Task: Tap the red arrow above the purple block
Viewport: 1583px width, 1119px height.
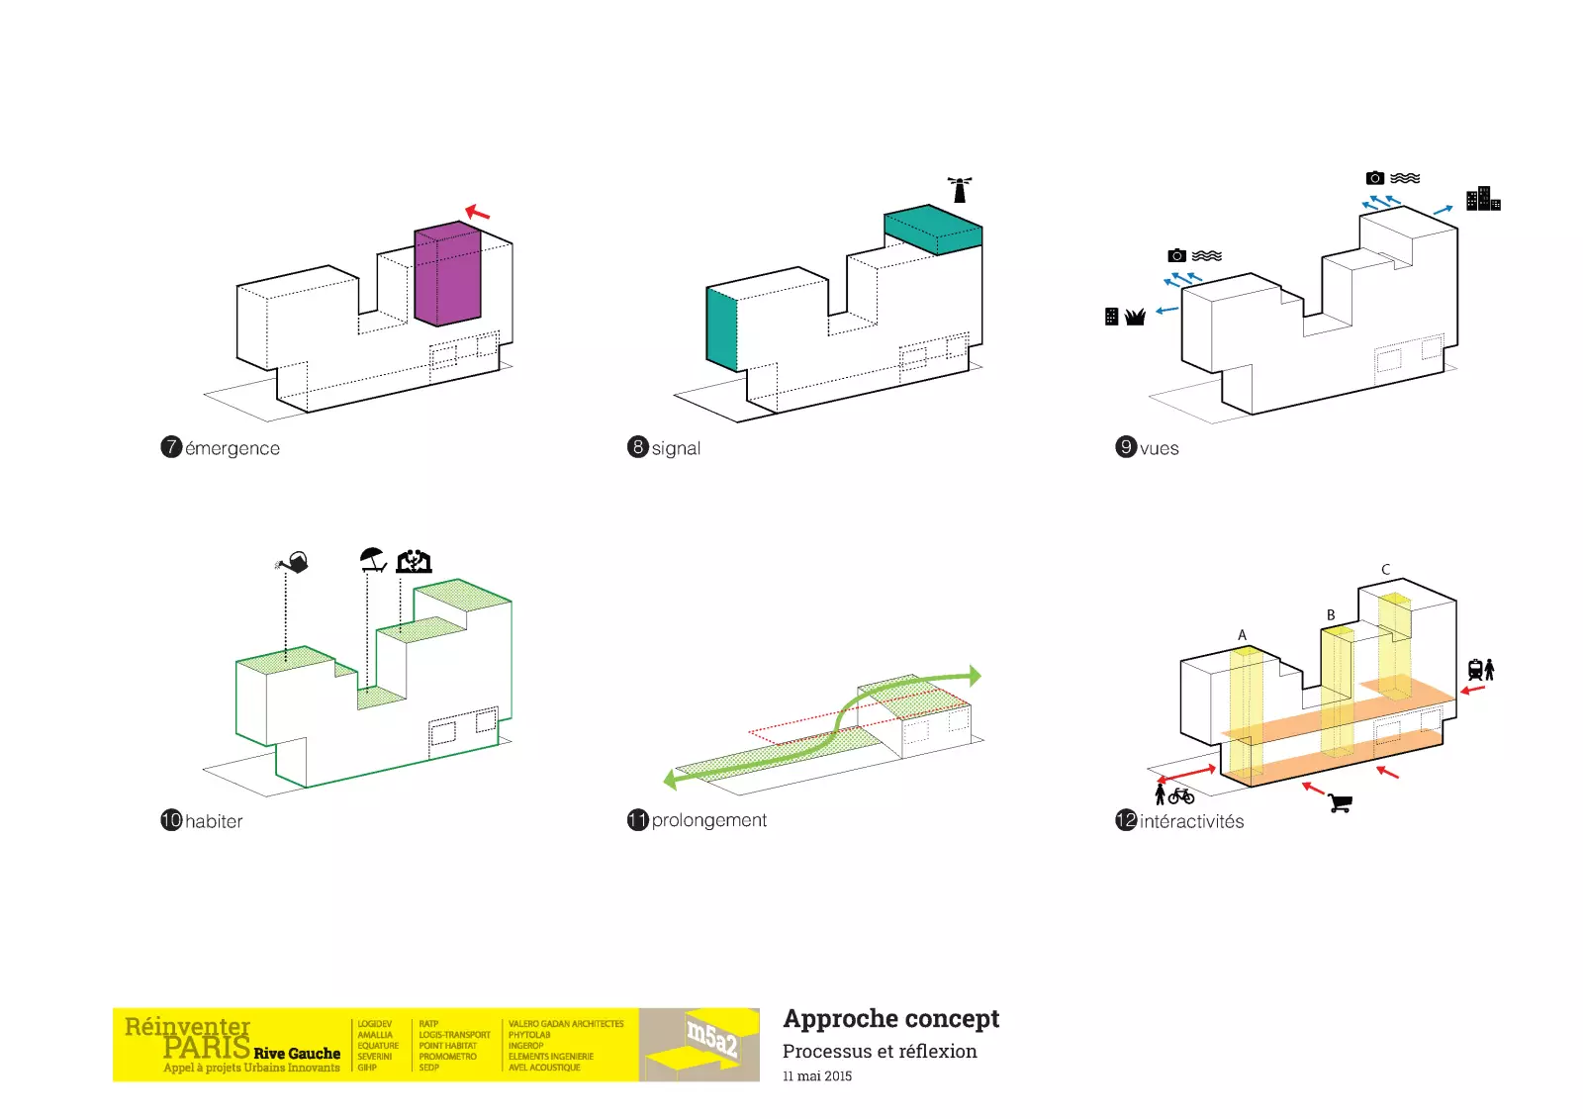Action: click(478, 212)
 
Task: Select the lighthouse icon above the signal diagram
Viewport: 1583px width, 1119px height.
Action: click(959, 189)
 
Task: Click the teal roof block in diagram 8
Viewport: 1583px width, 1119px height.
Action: click(933, 230)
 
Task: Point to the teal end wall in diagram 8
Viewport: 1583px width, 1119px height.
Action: click(721, 328)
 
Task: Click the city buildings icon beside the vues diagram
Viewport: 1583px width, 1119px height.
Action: click(1482, 199)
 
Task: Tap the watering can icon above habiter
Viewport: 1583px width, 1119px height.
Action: click(293, 563)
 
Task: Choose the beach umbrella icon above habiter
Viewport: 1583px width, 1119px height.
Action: click(372, 559)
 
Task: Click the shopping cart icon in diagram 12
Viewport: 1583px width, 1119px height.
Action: click(1341, 802)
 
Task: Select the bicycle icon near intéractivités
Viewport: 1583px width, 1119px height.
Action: click(1181, 795)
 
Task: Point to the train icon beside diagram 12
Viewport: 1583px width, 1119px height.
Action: click(1475, 670)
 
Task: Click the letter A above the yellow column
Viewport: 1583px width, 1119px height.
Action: click(1242, 635)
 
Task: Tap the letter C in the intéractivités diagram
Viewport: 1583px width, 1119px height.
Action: click(1385, 570)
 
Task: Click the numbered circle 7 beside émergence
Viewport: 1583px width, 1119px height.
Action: click(171, 447)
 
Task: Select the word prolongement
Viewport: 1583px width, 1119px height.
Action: click(708, 820)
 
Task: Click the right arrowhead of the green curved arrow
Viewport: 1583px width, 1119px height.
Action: click(975, 676)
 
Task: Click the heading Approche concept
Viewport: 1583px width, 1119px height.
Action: click(890, 1019)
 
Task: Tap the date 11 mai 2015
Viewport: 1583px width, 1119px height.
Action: click(816, 1076)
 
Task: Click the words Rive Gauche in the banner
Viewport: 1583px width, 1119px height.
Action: click(297, 1054)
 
